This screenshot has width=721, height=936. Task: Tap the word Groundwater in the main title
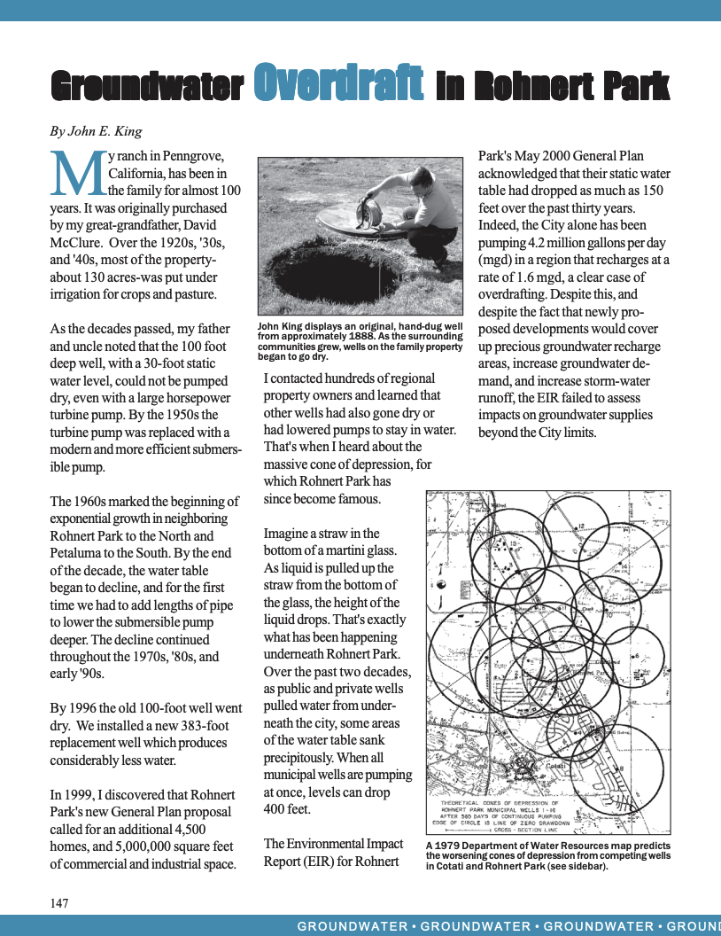coord(147,86)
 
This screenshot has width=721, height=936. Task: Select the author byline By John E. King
coord(96,131)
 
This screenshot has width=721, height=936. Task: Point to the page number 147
coord(59,903)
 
